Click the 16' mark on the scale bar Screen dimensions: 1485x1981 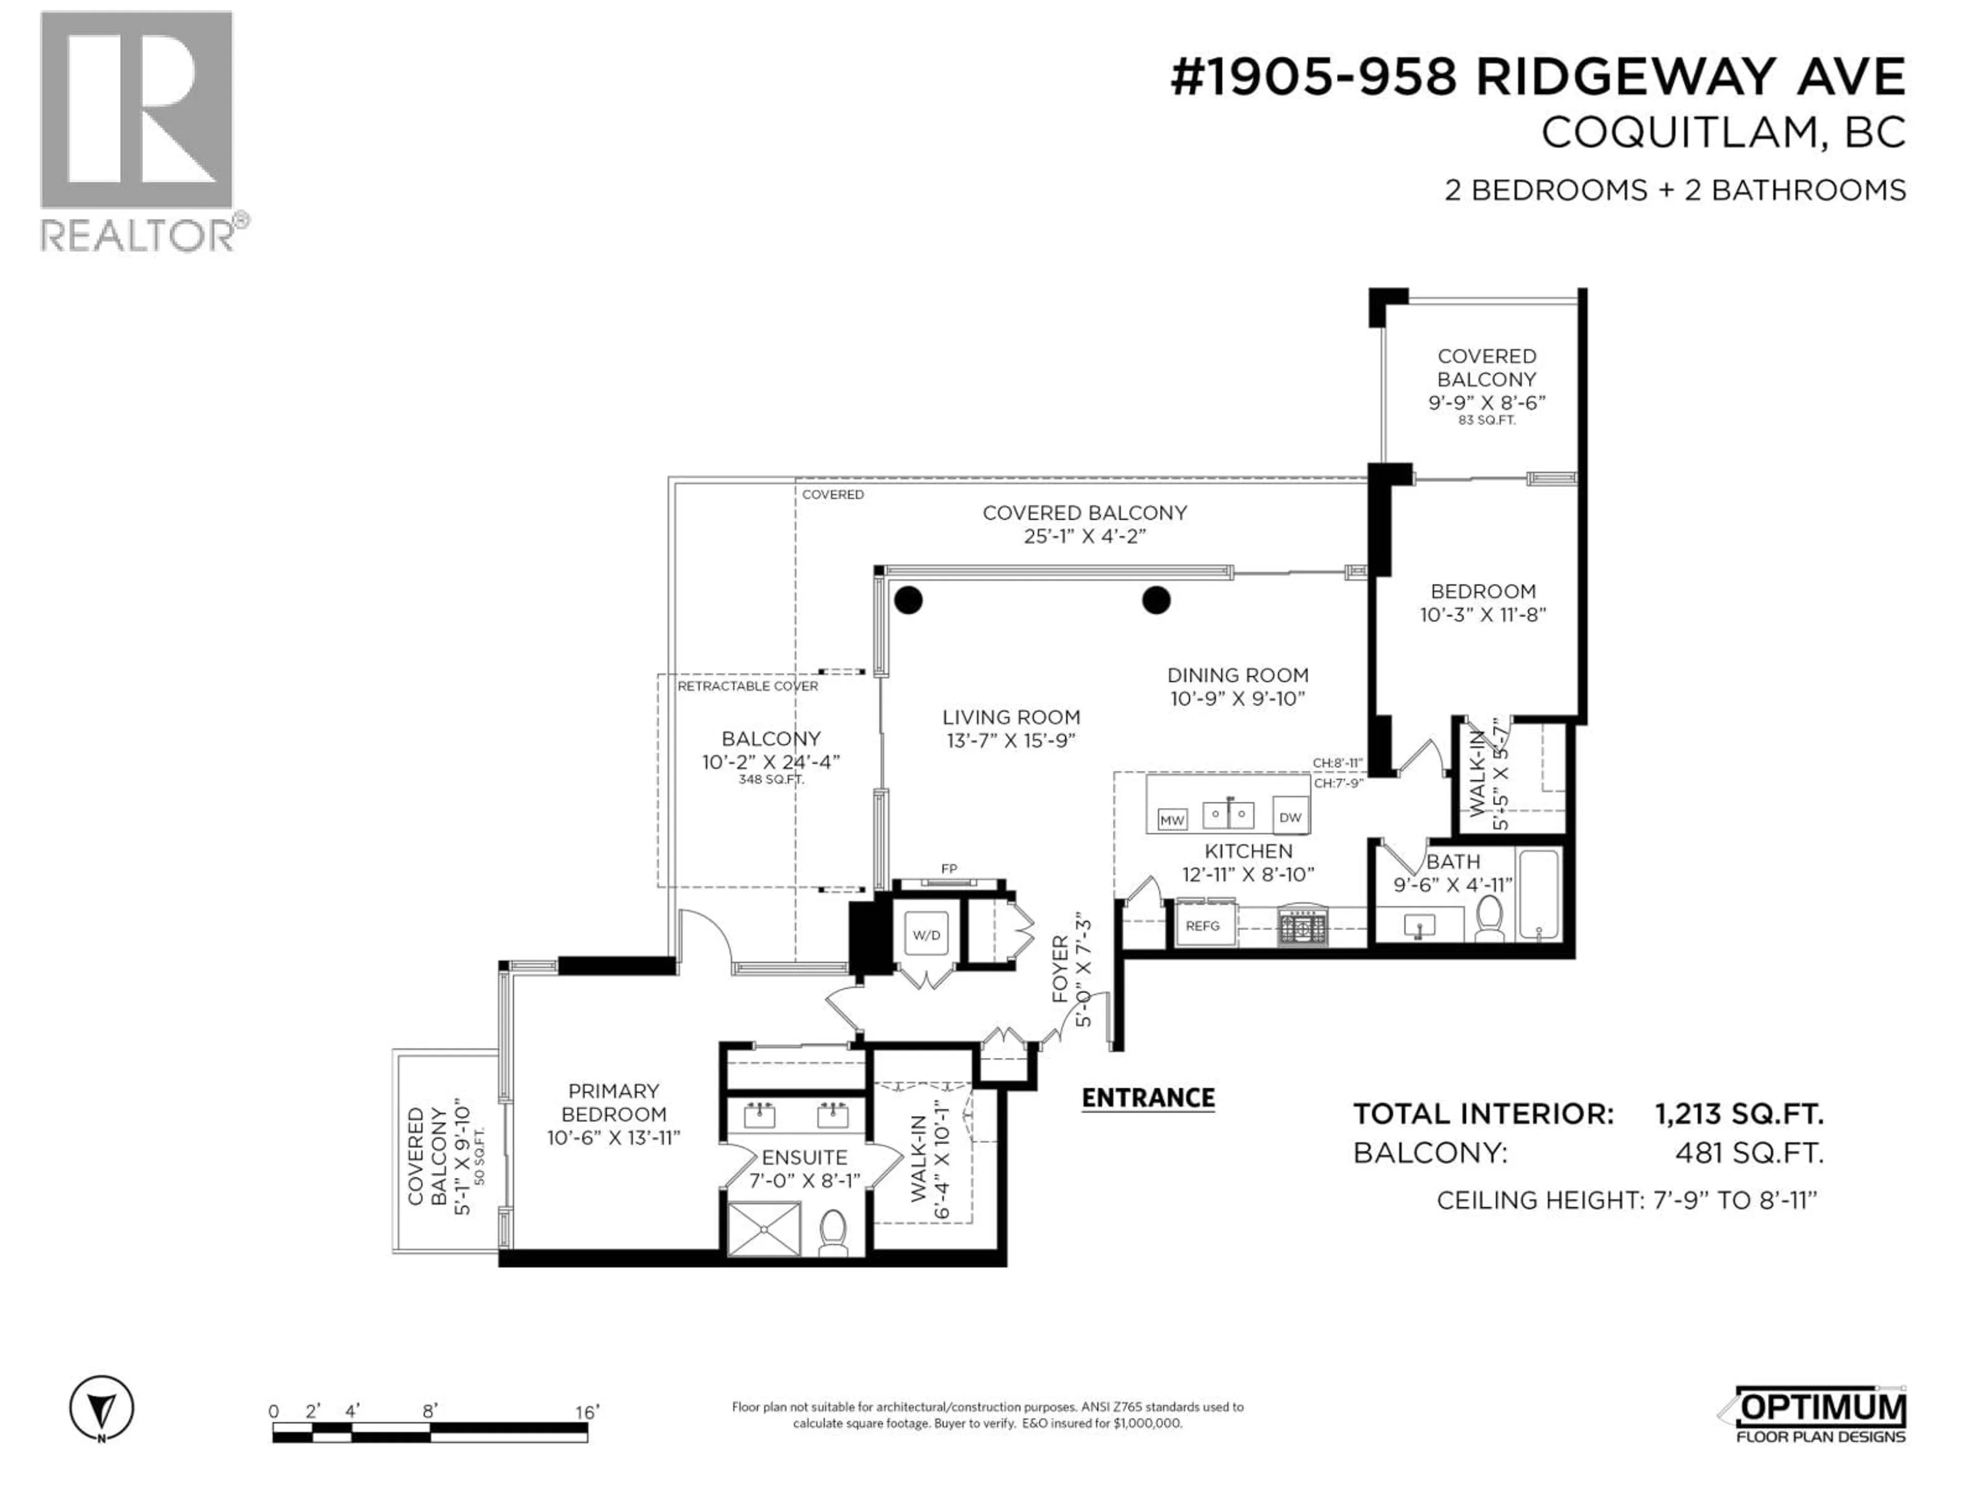[587, 1412]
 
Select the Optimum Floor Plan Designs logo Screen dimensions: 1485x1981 [1820, 1415]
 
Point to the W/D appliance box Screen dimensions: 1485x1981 [926, 935]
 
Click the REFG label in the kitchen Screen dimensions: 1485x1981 [1202, 927]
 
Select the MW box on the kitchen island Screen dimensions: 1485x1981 [1172, 819]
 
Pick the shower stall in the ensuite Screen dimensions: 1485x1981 [763, 1229]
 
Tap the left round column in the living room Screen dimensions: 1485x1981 [908, 600]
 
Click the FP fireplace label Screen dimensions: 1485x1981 [948, 868]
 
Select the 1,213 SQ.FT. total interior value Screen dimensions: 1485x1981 [1739, 1114]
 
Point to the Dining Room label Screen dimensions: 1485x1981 [1238, 675]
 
